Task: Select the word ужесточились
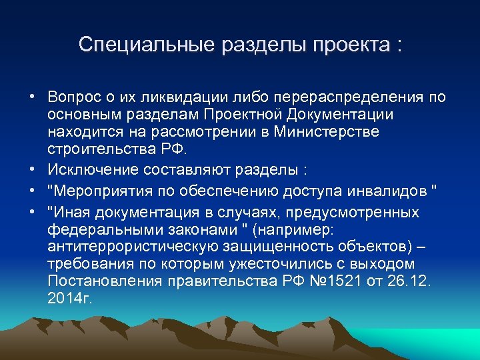tap(283, 263)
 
